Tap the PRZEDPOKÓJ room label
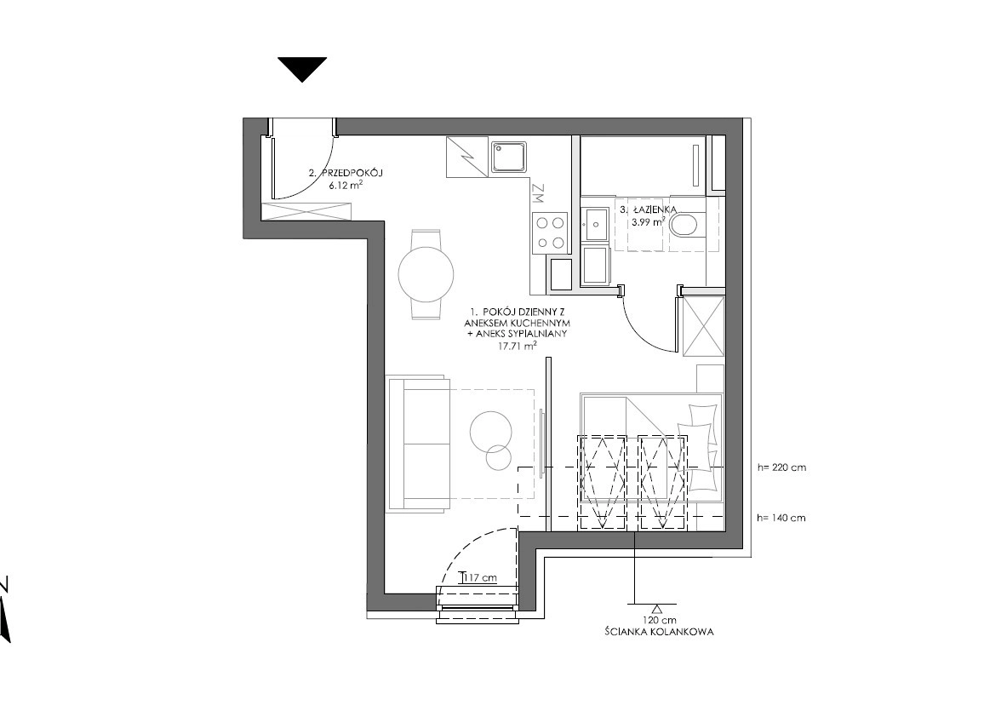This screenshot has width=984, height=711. [352, 173]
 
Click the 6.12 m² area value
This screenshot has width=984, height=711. [346, 185]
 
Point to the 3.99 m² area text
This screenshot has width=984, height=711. [649, 221]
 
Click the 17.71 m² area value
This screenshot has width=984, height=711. [517, 345]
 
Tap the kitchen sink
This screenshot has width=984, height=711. [510, 157]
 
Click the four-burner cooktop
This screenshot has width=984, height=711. [550, 232]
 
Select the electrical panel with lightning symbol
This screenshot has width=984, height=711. [466, 157]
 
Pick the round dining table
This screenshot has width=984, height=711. [426, 274]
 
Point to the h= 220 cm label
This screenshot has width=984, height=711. [781, 467]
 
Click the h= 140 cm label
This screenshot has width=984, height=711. [781, 518]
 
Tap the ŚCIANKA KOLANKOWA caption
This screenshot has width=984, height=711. [659, 632]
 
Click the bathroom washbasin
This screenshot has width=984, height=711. [594, 222]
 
